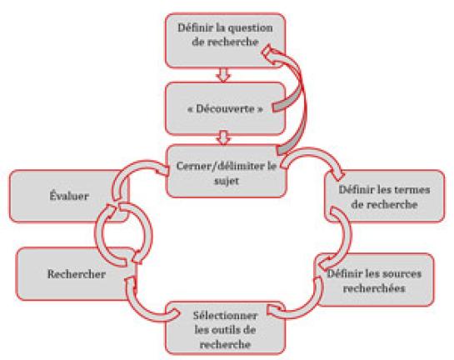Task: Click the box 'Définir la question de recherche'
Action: pos(225,41)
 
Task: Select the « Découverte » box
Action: pos(225,109)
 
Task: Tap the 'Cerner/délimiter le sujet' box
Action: pos(227,171)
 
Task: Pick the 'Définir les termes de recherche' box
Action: pos(384,197)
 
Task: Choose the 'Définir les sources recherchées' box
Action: pos(375,279)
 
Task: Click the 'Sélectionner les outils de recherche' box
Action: pos(225,327)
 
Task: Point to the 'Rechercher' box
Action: pos(76,274)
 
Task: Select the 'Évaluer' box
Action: pos(69,196)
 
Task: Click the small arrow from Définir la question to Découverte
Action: pos(223,75)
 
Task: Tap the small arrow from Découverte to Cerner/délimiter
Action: pos(223,137)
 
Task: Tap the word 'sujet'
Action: pos(226,181)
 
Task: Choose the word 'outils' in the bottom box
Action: pos(216,330)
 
